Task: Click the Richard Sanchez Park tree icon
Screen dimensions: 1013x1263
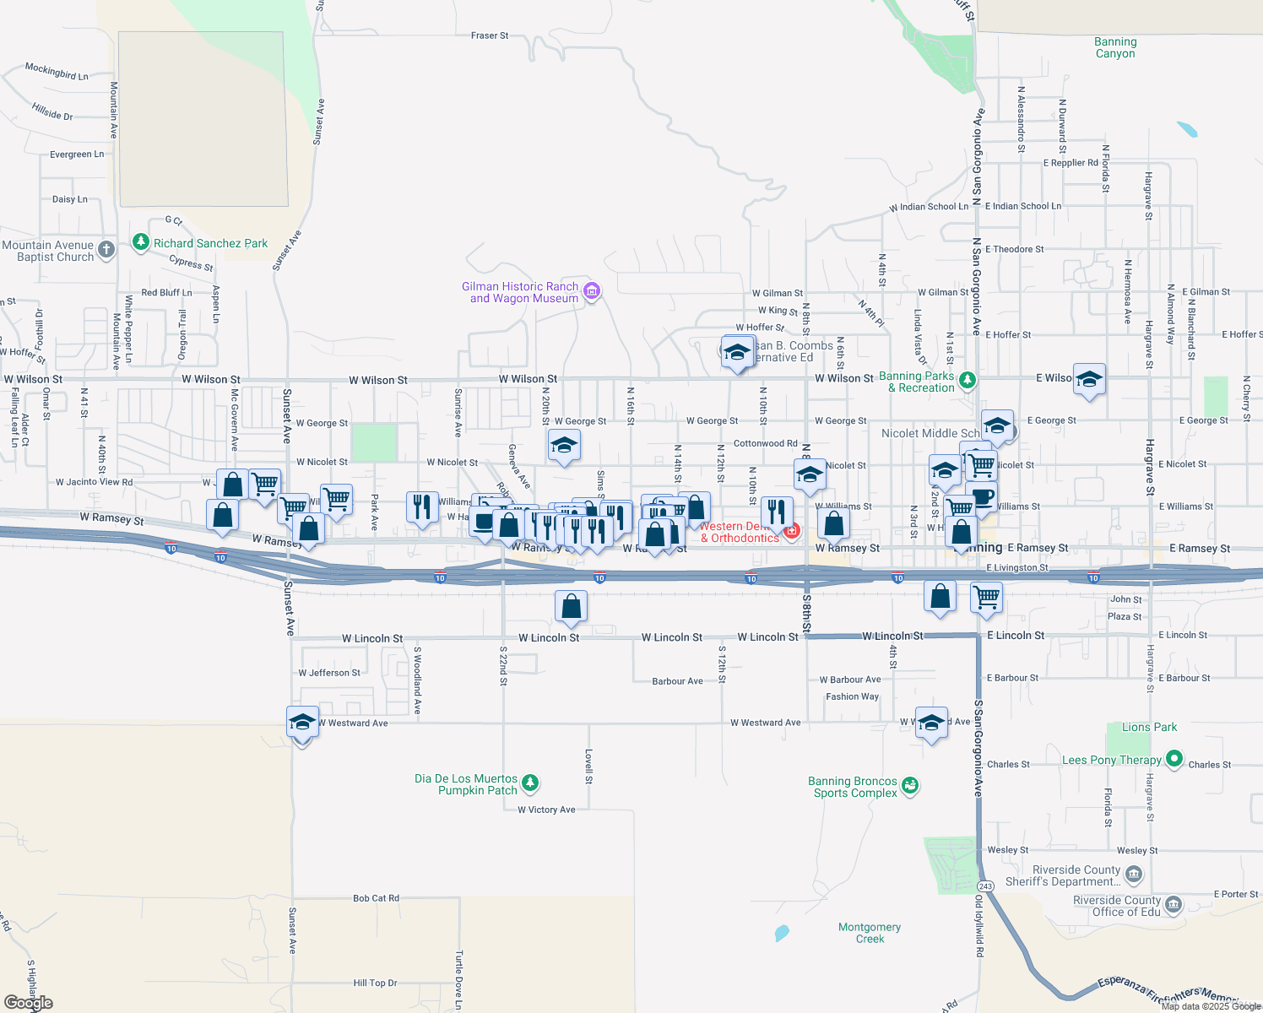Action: pyautogui.click(x=141, y=243)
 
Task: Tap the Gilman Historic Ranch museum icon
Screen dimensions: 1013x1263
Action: pyautogui.click(x=592, y=292)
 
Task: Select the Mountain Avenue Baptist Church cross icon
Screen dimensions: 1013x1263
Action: pyautogui.click(x=106, y=249)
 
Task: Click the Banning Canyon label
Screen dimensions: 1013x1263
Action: pyautogui.click(x=1115, y=48)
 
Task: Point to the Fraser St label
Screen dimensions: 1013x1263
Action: pyautogui.click(x=490, y=35)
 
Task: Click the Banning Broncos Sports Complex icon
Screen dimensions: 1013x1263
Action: pyautogui.click(x=909, y=786)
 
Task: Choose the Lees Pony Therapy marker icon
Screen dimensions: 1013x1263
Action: pyautogui.click(x=1174, y=760)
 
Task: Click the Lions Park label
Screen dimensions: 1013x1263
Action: pyautogui.click(x=1149, y=727)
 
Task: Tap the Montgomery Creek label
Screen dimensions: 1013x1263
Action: pyautogui.click(x=870, y=933)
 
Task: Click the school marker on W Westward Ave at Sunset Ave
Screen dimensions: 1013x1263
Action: pyautogui.click(x=302, y=723)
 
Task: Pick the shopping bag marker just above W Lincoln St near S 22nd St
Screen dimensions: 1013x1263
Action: pyautogui.click(x=571, y=606)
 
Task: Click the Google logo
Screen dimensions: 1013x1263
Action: pyautogui.click(x=28, y=1003)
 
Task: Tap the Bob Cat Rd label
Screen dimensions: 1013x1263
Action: pyautogui.click(x=376, y=898)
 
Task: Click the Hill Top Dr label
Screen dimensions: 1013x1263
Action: pyautogui.click(x=375, y=983)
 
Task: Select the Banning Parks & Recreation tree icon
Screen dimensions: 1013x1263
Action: pyautogui.click(x=968, y=381)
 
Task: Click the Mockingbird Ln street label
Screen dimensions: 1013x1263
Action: pyautogui.click(x=57, y=71)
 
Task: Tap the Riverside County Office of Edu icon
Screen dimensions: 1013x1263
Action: pyautogui.click(x=1174, y=906)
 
